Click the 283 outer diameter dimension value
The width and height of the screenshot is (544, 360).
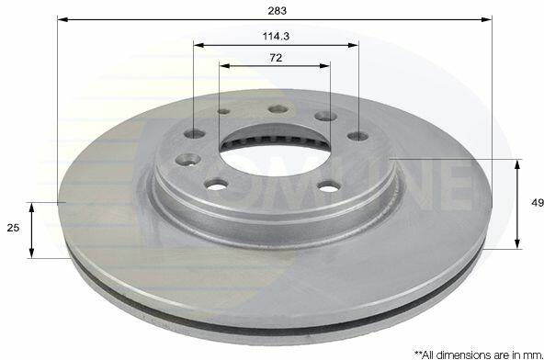(x=278, y=11)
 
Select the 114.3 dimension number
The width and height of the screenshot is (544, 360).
(x=276, y=36)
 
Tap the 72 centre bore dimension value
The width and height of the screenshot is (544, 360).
(x=276, y=58)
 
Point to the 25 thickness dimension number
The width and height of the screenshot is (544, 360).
(x=13, y=228)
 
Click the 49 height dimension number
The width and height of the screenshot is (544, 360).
(x=538, y=203)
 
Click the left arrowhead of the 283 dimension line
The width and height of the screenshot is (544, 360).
(x=62, y=19)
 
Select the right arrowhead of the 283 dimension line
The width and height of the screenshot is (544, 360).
(x=487, y=19)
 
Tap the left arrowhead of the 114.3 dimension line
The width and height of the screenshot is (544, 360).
(x=199, y=45)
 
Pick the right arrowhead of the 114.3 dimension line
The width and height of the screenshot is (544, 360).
(x=353, y=45)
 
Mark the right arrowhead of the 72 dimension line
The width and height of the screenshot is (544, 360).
(x=324, y=66)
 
